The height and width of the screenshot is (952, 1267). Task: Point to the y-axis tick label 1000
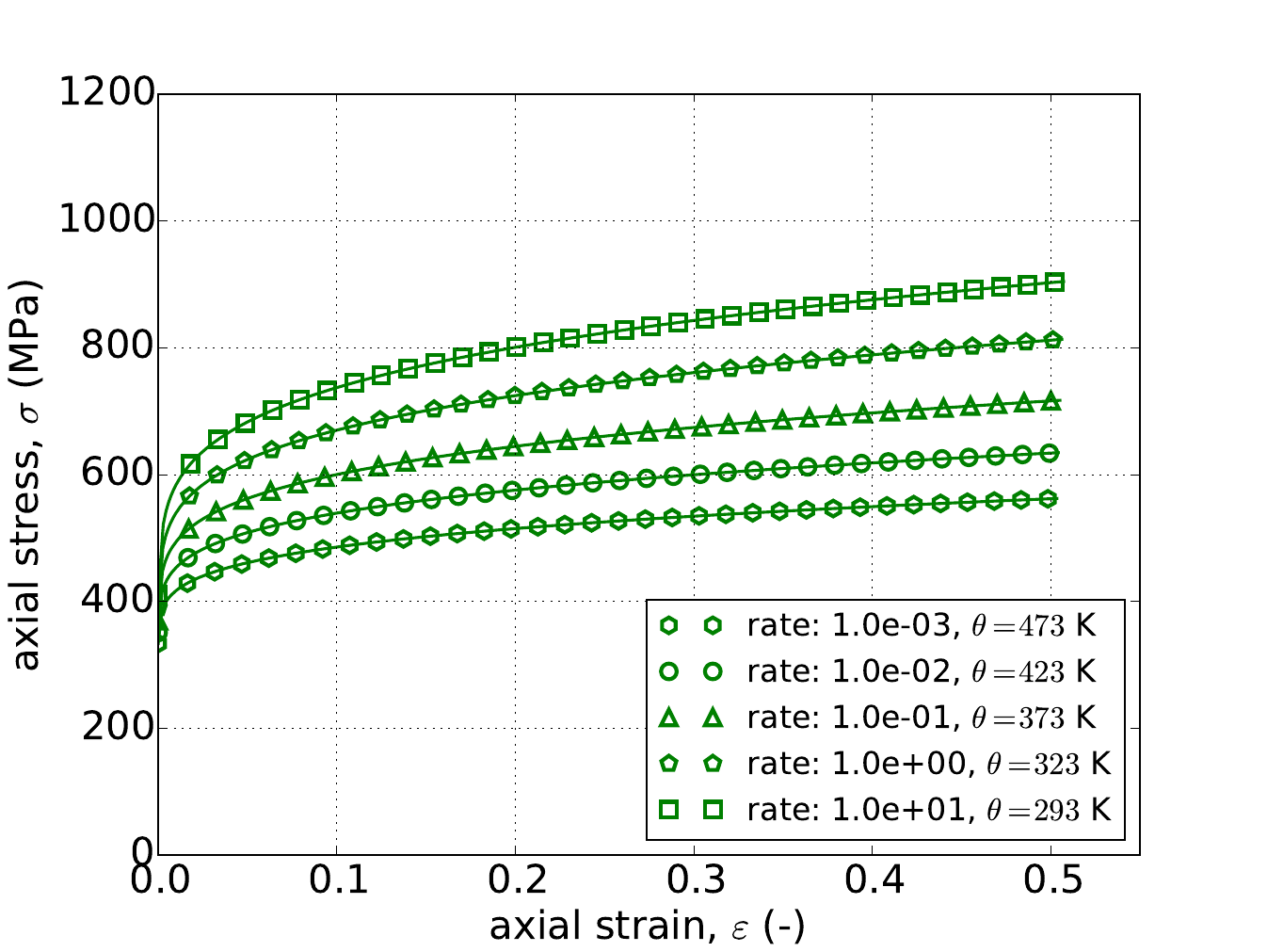[x=105, y=220]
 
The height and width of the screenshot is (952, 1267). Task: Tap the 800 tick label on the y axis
[x=115, y=347]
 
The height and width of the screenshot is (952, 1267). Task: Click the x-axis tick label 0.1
[x=337, y=884]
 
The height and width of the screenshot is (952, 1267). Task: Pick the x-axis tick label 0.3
[x=694, y=884]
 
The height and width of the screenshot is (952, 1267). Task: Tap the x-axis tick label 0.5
[x=1050, y=884]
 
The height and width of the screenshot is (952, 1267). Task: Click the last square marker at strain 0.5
[x=1055, y=282]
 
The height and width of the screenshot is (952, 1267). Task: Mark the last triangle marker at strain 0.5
[x=1052, y=401]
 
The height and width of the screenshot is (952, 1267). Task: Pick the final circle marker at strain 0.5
[x=1050, y=453]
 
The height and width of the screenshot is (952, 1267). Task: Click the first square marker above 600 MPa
[x=191, y=463]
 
